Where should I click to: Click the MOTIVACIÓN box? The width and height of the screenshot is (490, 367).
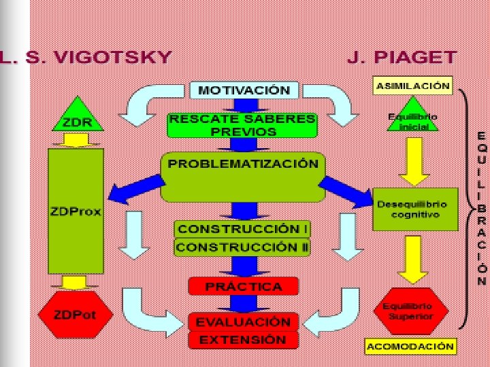[x=243, y=90]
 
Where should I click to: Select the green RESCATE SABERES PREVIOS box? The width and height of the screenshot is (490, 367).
[x=242, y=125]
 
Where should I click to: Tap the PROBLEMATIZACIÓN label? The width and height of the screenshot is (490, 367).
[x=242, y=164]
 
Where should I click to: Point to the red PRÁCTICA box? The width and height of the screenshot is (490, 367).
[x=243, y=286]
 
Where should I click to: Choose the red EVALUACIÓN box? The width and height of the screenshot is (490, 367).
[x=243, y=321]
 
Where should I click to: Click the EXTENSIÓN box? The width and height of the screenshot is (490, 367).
[x=242, y=339]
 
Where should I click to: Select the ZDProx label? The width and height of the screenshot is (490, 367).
[x=76, y=211]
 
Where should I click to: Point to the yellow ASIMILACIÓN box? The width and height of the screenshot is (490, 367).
[x=412, y=86]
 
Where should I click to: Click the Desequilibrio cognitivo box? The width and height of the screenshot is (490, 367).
[x=412, y=209]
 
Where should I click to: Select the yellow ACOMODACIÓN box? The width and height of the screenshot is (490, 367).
[x=410, y=346]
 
